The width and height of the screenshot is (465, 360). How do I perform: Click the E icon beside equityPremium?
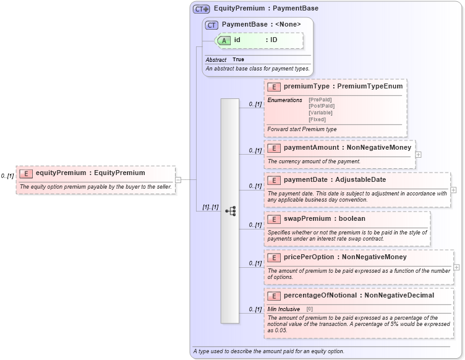(27, 173)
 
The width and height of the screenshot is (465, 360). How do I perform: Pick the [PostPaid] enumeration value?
(322, 106)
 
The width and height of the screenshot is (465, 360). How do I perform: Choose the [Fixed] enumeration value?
(318, 119)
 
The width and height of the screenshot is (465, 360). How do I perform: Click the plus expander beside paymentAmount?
(419, 155)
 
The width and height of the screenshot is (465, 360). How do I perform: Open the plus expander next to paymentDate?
(454, 190)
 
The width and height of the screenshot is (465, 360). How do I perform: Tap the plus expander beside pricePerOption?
(456, 267)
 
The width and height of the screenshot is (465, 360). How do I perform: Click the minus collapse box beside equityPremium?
(178, 180)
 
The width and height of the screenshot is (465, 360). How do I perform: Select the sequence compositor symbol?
(230, 211)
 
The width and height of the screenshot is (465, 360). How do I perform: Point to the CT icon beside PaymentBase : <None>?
(211, 25)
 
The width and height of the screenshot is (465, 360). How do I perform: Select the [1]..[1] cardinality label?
(211, 207)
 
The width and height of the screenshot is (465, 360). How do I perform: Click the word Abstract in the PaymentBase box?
(216, 59)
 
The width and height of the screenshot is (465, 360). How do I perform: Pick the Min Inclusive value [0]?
(310, 309)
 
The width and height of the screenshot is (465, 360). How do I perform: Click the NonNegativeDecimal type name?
(399, 296)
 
